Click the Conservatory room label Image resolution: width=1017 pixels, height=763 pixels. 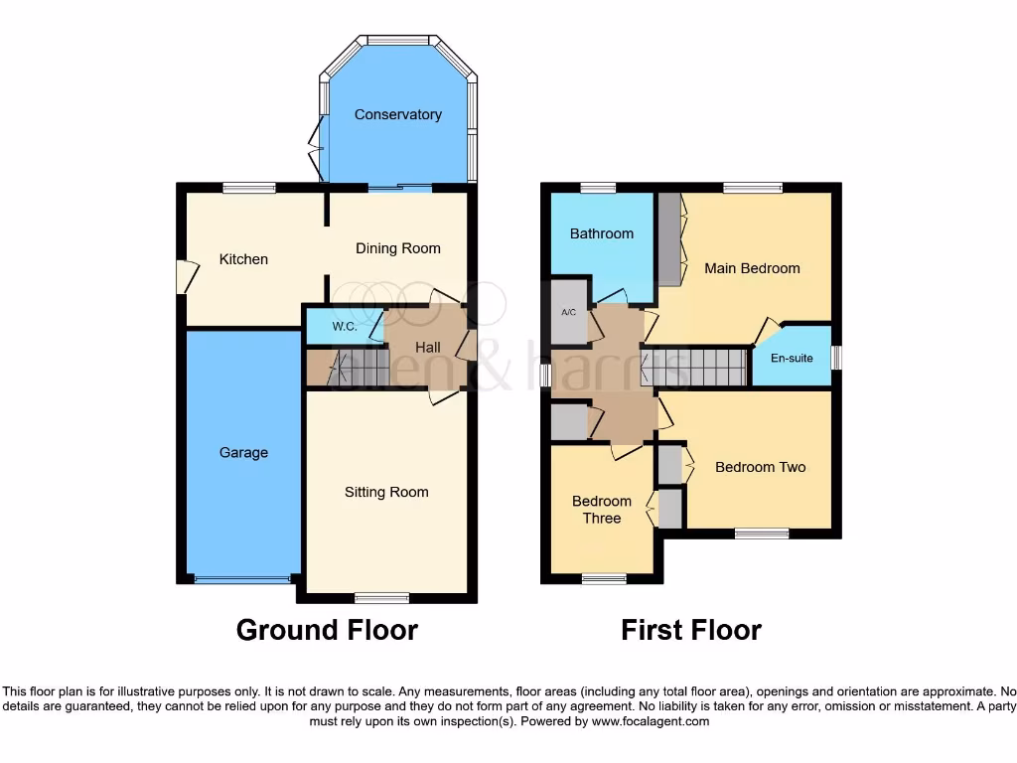[x=398, y=114]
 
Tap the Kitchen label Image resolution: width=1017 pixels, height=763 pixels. [x=243, y=259]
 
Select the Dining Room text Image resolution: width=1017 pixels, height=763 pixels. [x=397, y=248]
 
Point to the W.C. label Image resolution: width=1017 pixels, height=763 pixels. [x=345, y=326]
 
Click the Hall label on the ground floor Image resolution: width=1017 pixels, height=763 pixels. [x=428, y=347]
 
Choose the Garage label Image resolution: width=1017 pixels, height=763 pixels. [x=243, y=453]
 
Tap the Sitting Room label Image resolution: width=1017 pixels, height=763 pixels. [x=386, y=492]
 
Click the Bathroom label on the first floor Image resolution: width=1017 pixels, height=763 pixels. [x=601, y=233]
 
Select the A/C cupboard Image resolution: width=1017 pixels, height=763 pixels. [x=569, y=312]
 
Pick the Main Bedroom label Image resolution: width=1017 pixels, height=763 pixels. [x=752, y=268]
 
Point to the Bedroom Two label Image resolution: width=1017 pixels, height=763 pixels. [x=760, y=467]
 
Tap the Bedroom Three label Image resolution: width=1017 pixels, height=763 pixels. [x=602, y=510]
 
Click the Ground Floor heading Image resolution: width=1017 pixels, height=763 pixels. [x=327, y=630]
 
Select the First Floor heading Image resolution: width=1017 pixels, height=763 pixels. [x=691, y=630]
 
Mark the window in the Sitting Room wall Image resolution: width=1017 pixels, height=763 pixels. [x=382, y=597]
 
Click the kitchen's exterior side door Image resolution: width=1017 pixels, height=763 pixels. [x=181, y=276]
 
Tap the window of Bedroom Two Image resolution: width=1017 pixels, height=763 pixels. [x=762, y=534]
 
